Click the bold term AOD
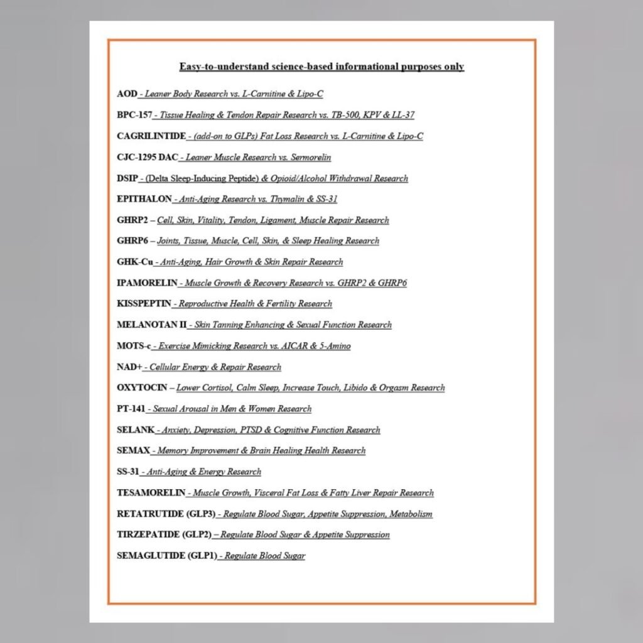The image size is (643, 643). tap(127, 94)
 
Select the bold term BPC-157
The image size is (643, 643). tap(134, 115)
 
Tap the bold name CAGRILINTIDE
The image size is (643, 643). tap(151, 136)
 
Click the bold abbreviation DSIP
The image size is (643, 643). tap(127, 178)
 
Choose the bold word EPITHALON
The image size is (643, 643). tap(144, 199)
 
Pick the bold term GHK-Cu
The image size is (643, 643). tap(134, 262)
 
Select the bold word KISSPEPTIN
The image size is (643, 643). tap(144, 304)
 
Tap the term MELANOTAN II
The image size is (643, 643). tap(151, 325)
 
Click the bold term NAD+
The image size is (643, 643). tap(129, 367)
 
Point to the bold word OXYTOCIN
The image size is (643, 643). tap(142, 387)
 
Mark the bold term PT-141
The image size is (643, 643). tap(131, 409)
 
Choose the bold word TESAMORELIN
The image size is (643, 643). tap(151, 493)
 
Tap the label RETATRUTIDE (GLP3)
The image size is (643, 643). tap(166, 514)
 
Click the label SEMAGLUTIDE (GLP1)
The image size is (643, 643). tap(167, 556)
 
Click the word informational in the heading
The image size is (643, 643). tap(359, 67)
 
